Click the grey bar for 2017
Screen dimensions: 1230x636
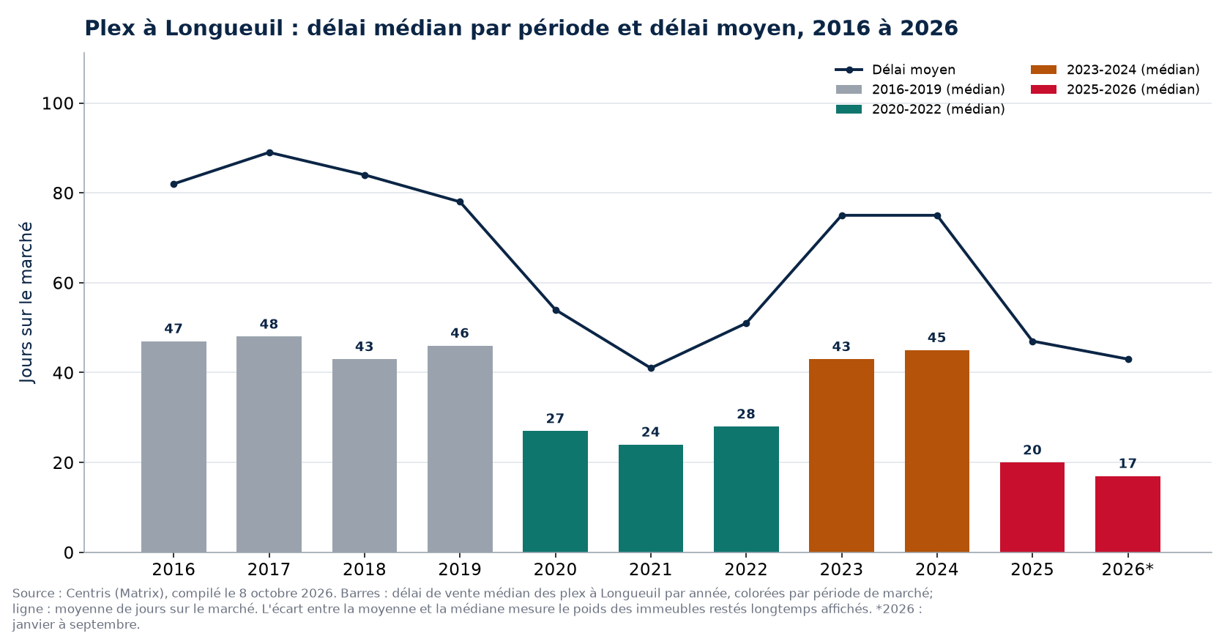click(x=269, y=444)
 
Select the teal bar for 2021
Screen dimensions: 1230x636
click(x=651, y=498)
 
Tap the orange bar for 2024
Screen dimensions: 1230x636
click(x=937, y=451)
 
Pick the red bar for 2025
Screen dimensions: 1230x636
click(x=1032, y=507)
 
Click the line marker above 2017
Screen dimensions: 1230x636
click(x=269, y=153)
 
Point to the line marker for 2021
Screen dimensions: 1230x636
click(x=651, y=369)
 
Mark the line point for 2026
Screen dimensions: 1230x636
click(x=1128, y=360)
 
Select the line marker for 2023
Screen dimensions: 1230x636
click(x=842, y=215)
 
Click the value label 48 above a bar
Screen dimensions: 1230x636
click(x=269, y=325)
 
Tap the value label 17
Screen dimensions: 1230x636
click(x=1127, y=464)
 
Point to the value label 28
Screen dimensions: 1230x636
click(x=746, y=415)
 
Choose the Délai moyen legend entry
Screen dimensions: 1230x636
click(x=895, y=70)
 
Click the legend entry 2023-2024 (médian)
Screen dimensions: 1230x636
click(x=1115, y=70)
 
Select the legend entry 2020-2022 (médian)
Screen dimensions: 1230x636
click(x=920, y=109)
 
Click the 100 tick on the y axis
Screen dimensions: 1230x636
click(x=58, y=103)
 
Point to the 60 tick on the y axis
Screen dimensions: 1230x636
click(x=63, y=283)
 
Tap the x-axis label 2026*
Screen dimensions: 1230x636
click(x=1127, y=569)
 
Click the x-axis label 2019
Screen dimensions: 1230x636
click(x=460, y=569)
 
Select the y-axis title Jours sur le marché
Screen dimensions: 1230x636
click(x=26, y=303)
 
